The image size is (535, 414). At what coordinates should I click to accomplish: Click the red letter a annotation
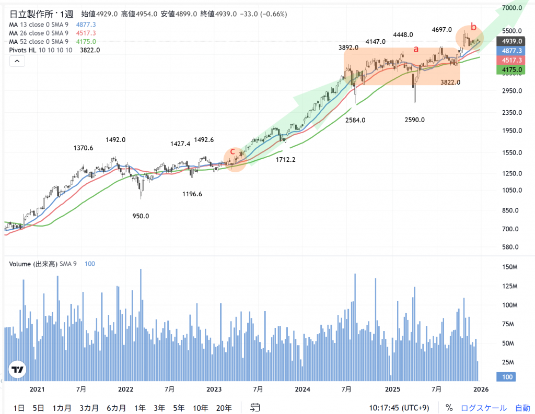pos(416,49)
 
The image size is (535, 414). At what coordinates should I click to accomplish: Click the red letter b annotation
pos(473,27)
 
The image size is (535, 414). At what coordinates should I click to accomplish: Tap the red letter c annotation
pos(232,151)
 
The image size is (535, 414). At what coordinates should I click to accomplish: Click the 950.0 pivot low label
pos(141,216)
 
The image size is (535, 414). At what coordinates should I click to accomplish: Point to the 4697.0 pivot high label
pos(442,30)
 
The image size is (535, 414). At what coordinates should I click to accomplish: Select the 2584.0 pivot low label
pos(355,120)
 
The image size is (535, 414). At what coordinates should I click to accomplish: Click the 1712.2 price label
pos(286,160)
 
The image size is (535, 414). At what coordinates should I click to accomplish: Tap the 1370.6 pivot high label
pos(84,148)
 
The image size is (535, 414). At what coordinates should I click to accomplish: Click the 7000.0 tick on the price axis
pos(513,8)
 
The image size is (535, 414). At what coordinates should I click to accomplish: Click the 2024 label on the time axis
pos(303,389)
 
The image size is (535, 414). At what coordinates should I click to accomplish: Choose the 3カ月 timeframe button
pos(89,408)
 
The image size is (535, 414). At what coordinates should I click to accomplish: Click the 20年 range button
pos(224,408)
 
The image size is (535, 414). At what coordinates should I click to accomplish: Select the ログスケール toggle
pos(483,408)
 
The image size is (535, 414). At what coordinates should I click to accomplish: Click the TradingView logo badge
pos(18,370)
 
